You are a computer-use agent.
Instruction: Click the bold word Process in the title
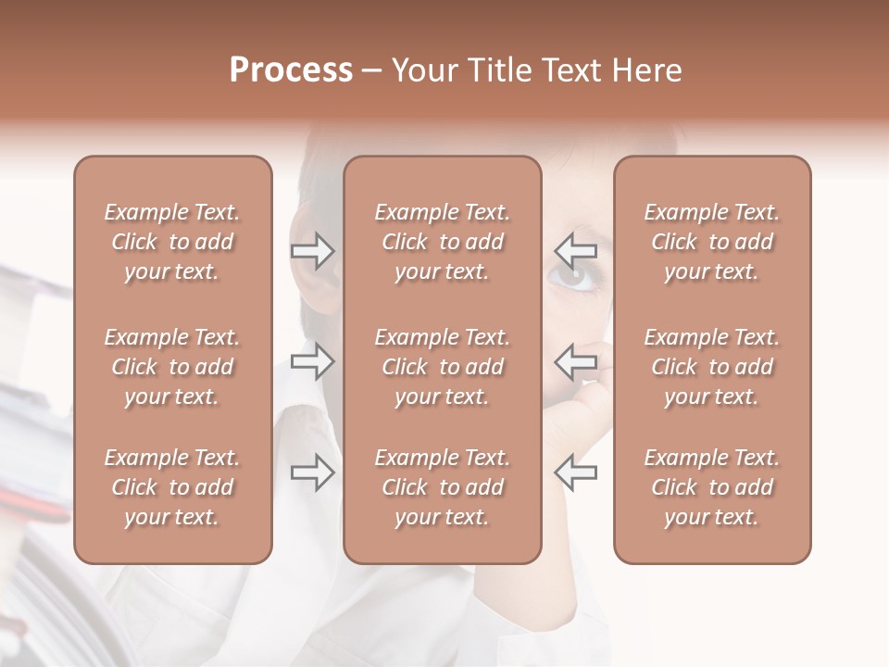(x=291, y=70)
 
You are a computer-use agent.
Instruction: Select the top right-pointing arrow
(x=312, y=251)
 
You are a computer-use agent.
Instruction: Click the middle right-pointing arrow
(x=312, y=361)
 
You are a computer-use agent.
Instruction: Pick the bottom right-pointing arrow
(x=312, y=472)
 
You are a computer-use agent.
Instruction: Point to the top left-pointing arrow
(x=575, y=251)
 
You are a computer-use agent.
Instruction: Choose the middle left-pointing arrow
(x=575, y=361)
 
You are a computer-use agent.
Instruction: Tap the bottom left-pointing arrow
(x=575, y=472)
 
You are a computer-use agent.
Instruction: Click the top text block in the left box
(x=172, y=242)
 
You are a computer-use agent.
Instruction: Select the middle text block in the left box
(x=172, y=367)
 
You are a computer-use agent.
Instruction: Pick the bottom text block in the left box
(x=172, y=487)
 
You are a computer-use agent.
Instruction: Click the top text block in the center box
(x=443, y=242)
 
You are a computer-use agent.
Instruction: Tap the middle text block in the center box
(x=443, y=367)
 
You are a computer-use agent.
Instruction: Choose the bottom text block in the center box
(x=443, y=487)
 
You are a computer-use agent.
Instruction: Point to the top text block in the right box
(x=712, y=242)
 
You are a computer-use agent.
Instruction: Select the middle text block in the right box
(x=712, y=367)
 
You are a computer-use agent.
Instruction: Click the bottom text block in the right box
(x=712, y=487)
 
